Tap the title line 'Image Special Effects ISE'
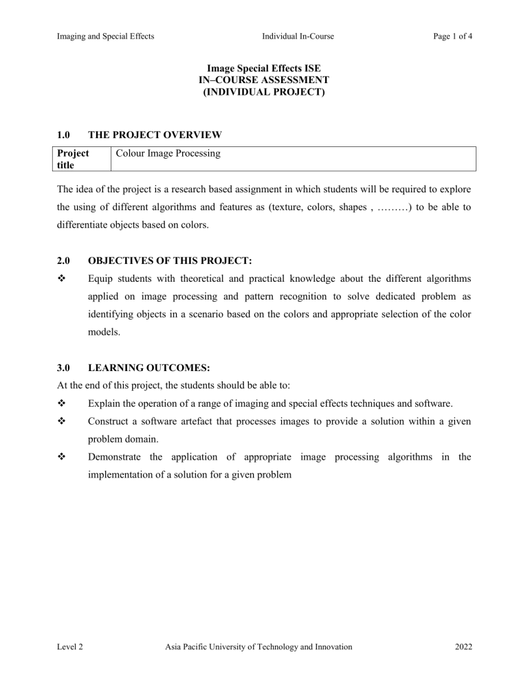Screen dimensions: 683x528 264,69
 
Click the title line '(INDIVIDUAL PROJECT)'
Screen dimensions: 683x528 264,91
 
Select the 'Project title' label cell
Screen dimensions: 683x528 72,159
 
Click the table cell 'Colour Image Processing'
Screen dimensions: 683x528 168,154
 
